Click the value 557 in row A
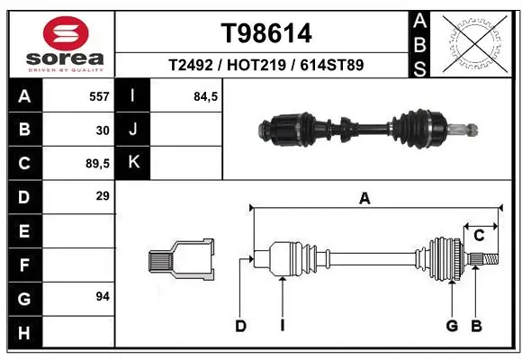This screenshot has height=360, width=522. (99, 96)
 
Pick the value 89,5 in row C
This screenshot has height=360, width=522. (97, 164)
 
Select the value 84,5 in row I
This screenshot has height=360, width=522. (206, 96)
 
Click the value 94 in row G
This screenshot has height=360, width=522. (102, 296)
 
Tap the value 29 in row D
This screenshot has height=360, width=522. (102, 196)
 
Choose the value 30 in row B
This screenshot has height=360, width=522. (102, 130)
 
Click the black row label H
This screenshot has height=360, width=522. (23, 333)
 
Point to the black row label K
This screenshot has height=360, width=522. (133, 163)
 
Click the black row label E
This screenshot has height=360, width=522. (23, 230)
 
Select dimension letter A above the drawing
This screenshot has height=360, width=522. (364, 200)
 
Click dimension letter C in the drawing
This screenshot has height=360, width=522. (480, 236)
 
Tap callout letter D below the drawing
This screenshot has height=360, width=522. (240, 326)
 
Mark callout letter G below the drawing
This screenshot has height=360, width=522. (452, 326)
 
